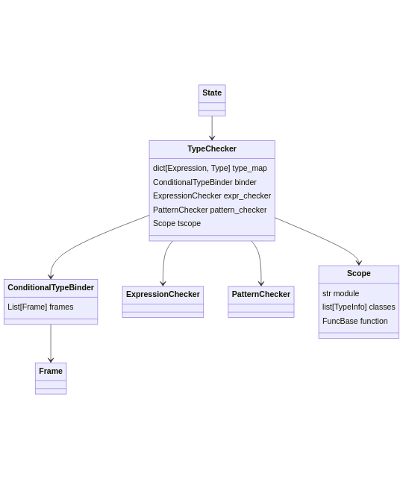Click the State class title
(x=212, y=93)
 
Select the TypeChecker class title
(x=212, y=149)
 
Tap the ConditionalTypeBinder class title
(x=51, y=288)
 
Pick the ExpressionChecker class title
(x=163, y=295)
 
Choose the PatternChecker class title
(x=261, y=295)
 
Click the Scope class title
(x=359, y=274)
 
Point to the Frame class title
(x=51, y=372)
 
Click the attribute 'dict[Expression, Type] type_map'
(x=210, y=169)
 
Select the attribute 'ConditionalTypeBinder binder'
(x=204, y=182)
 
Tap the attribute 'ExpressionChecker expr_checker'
(x=212, y=196)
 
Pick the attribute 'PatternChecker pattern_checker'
(x=210, y=210)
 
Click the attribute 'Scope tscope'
(x=177, y=224)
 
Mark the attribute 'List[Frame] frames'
(x=40, y=307)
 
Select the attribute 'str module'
(x=340, y=294)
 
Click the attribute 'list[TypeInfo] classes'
(x=359, y=307)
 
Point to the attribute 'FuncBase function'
(x=355, y=322)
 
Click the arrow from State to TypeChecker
(x=212, y=127)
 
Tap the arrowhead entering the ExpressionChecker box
(x=163, y=284)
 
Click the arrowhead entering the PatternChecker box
(x=261, y=284)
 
